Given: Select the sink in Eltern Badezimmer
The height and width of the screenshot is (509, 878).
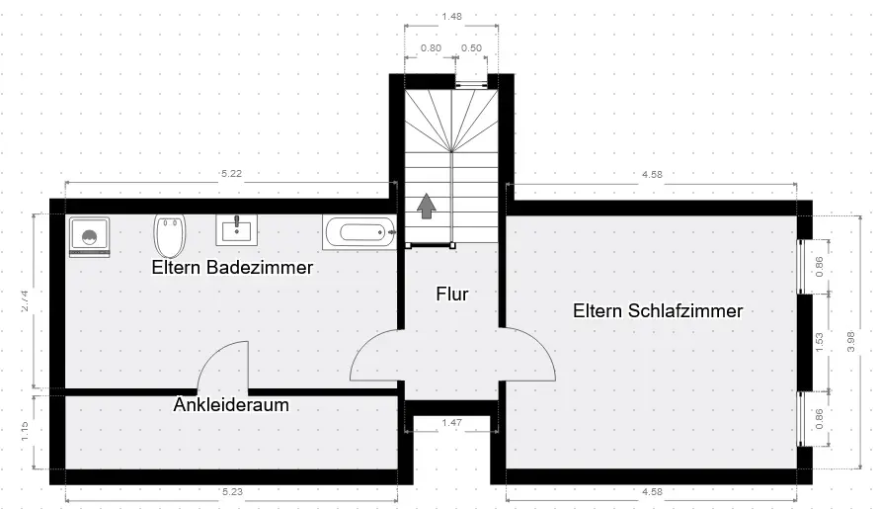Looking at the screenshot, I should pos(237,229).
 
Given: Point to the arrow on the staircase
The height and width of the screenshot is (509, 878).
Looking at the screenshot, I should pos(427,206).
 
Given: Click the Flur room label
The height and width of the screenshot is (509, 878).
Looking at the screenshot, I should pos(451,294).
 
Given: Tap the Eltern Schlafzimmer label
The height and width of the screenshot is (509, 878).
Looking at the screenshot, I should pos(657,310).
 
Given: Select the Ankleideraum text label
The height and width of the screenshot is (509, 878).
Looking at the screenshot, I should pos(231,404).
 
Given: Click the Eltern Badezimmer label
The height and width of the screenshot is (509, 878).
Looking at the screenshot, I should pos(232,267).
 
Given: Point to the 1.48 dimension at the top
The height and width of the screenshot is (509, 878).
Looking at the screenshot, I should pos(452,16).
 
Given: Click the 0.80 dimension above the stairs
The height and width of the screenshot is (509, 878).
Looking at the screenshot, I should pos(431,48).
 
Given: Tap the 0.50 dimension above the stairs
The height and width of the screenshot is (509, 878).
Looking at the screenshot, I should pos(471,48).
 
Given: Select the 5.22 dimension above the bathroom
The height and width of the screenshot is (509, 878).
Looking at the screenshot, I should pos(232,174).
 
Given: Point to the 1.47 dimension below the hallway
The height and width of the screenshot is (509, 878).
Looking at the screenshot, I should pos(451,423).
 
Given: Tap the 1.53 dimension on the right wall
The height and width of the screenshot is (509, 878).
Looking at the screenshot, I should pos(819,341).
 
